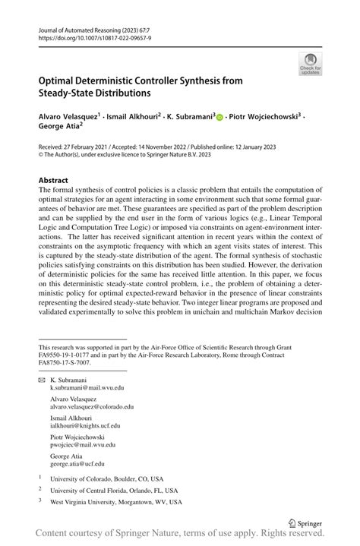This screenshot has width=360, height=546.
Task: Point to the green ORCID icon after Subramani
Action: point(220,118)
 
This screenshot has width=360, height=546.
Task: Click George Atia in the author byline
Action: point(59,130)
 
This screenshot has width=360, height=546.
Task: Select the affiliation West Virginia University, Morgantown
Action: point(115,502)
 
